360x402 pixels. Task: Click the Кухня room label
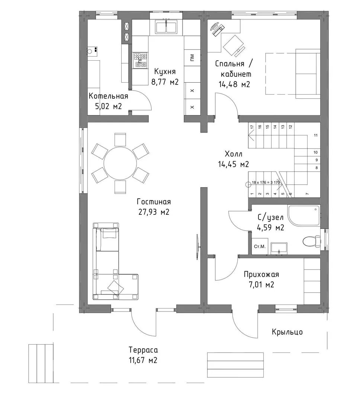165,71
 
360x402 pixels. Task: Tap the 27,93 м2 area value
154,212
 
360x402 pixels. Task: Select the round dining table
120,163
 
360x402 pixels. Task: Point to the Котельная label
108,96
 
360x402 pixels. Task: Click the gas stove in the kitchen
140,61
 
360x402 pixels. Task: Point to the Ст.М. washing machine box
260,246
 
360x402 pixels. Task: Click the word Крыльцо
287,332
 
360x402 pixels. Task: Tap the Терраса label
143,350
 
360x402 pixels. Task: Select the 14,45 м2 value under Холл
234,164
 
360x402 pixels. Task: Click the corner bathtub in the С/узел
304,216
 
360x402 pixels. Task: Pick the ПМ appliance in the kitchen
192,58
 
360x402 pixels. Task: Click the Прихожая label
261,274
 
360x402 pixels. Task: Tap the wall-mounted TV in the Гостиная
197,247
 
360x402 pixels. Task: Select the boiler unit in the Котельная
92,51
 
